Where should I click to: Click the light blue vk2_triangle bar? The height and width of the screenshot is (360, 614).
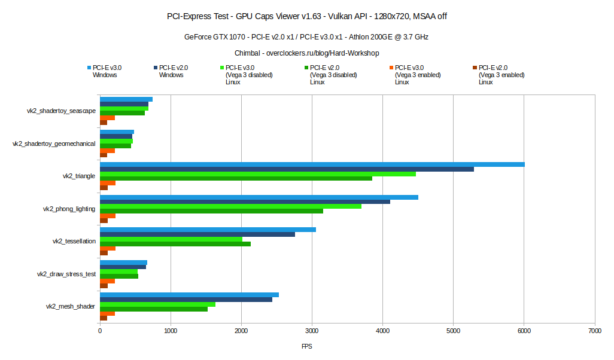click(x=312, y=164)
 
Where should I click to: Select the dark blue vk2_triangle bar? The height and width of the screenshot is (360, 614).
click(x=287, y=169)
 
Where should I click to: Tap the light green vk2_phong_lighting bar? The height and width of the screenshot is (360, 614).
click(x=230, y=206)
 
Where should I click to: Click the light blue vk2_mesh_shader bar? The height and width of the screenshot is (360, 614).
click(x=189, y=295)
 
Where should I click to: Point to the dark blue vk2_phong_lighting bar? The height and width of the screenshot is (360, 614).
click(x=245, y=202)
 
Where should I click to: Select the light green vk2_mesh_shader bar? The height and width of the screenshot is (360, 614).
click(x=157, y=304)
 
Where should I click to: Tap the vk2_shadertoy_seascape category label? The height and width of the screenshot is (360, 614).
click(x=61, y=111)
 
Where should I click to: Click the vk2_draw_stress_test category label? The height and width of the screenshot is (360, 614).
click(x=66, y=274)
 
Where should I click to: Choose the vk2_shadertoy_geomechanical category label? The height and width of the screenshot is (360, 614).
click(x=54, y=144)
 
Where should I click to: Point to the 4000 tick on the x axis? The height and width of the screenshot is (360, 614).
click(x=382, y=330)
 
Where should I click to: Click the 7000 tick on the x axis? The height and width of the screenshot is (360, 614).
click(x=595, y=330)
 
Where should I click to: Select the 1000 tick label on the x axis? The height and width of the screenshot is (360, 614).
click(x=171, y=330)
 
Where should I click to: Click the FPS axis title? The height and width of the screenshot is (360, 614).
click(x=306, y=346)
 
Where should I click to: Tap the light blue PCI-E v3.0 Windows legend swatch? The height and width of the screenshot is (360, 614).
click(x=89, y=68)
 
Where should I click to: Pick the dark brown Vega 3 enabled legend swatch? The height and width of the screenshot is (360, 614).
click(x=475, y=68)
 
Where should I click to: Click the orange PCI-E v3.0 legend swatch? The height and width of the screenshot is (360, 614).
click(x=391, y=68)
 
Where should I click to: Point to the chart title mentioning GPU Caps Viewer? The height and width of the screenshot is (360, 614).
click(x=306, y=16)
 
